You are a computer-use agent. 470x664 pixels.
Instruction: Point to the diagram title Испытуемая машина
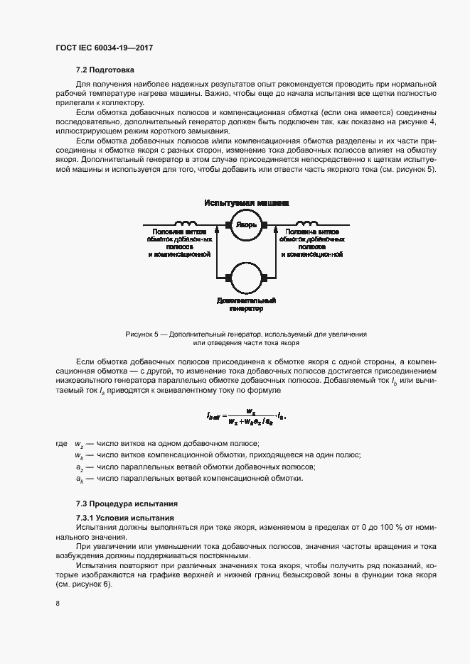click(246, 202)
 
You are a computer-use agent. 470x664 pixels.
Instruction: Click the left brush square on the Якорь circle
click(228, 225)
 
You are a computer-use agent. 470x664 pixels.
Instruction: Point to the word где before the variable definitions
click(61, 443)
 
